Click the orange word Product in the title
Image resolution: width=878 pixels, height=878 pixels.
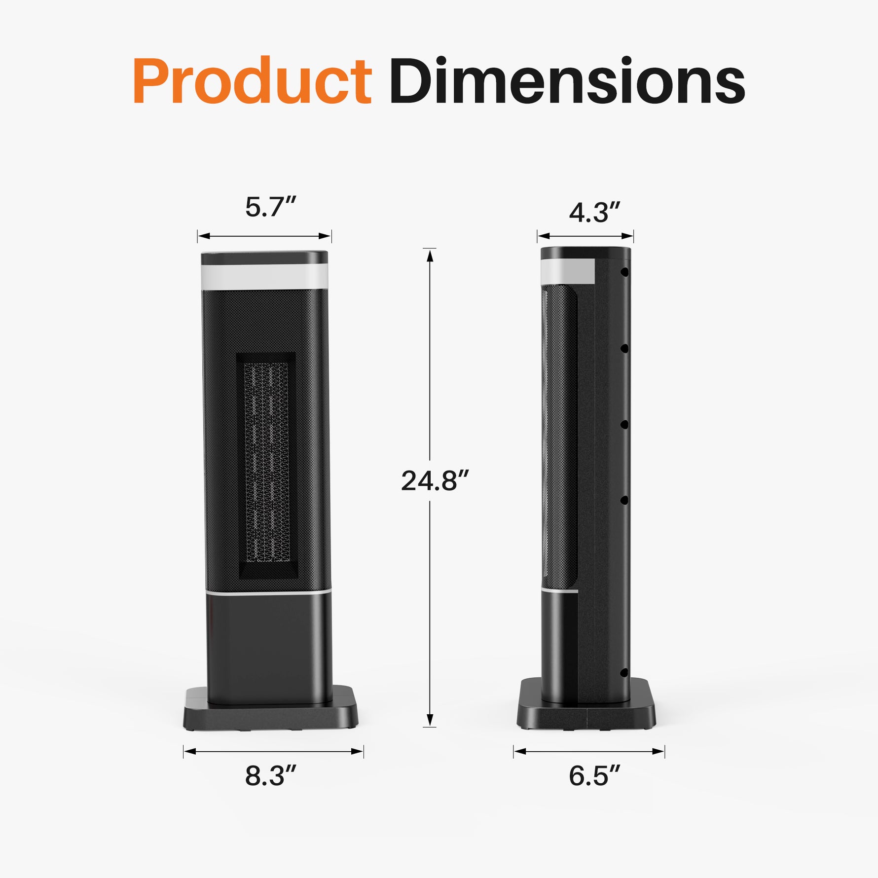point(252,81)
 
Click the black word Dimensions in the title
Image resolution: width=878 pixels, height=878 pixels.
point(567,81)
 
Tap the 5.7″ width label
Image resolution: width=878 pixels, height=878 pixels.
point(270,207)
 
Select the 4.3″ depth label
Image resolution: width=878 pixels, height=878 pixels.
point(594,212)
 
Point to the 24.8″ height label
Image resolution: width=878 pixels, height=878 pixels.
point(434,481)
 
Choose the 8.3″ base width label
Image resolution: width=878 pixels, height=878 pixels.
point(271,775)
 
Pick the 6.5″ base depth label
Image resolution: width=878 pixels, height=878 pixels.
point(594,775)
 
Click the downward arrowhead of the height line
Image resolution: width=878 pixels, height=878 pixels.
point(430,720)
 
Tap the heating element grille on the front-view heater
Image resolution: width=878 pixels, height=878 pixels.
point(266,464)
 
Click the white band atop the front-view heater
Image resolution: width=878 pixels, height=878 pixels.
point(264,277)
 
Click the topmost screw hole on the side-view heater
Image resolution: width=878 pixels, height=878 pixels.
point(624,272)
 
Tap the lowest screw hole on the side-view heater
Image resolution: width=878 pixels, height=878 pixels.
point(624,672)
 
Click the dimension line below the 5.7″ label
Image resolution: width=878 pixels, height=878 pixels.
point(264,236)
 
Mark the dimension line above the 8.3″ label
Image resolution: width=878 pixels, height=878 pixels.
point(273,752)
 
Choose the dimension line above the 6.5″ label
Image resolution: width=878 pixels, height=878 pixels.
point(589,752)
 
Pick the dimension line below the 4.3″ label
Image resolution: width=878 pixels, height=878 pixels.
point(585,236)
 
